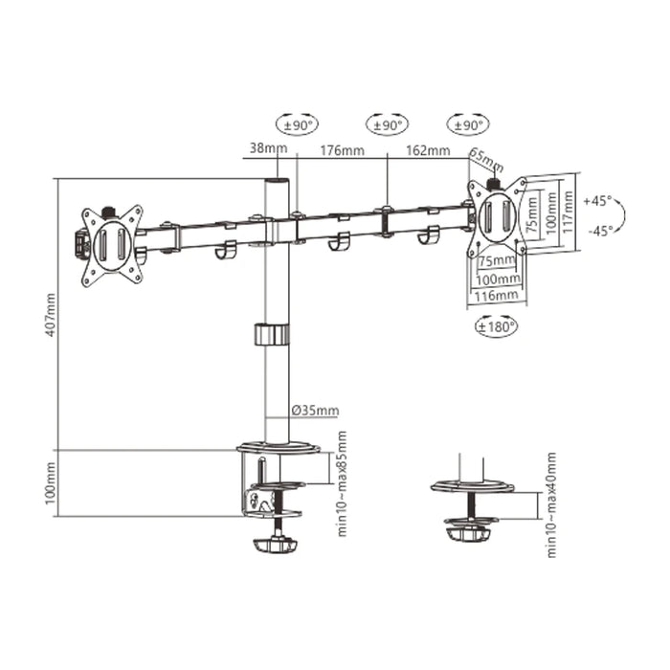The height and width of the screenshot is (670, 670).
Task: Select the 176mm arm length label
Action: point(342,150)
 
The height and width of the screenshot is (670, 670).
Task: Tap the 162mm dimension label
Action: point(428,150)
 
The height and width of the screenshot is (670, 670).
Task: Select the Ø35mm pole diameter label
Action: point(315,412)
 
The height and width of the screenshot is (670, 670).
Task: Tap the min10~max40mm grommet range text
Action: point(552,504)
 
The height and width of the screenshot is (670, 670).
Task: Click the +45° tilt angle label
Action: point(596,201)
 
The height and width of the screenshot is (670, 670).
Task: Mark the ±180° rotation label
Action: point(497,327)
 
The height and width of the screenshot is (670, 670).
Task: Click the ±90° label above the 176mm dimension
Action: point(387,124)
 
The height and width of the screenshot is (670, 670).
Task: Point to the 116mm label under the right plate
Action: point(498,296)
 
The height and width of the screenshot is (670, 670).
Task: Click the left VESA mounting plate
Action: point(111,245)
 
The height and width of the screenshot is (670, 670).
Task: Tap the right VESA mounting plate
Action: point(497,216)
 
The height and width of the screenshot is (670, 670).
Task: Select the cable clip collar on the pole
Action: point(271,335)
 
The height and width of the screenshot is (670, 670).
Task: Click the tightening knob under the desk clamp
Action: point(277,546)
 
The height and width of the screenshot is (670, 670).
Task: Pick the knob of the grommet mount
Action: point(469,528)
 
